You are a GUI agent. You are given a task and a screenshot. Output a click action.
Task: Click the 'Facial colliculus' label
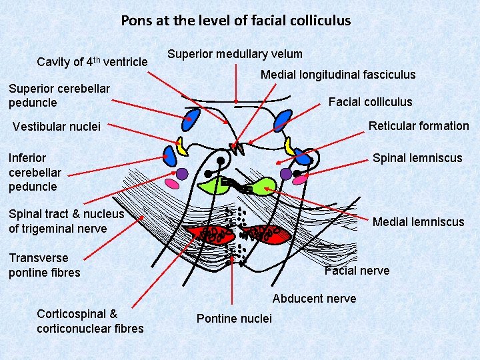(370, 102)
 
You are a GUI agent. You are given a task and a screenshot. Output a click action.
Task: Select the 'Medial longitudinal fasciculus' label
(338, 75)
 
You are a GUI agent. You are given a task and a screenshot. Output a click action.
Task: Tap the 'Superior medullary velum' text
(235, 54)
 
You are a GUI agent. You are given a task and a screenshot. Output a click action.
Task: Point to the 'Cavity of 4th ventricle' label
(92, 62)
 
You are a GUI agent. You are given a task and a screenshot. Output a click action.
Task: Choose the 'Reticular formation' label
(419, 126)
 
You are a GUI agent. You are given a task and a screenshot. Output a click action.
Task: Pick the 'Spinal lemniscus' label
(417, 158)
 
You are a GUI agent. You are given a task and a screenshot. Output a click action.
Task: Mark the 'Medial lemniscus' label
(418, 222)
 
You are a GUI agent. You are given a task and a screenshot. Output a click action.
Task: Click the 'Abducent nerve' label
(314, 298)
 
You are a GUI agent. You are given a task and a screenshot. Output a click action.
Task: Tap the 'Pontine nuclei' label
(234, 319)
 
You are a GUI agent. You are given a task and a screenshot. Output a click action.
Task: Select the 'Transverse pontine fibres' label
(44, 265)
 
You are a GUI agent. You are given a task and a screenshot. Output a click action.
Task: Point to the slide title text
(235, 20)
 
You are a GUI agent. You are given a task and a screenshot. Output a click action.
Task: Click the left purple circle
(182, 173)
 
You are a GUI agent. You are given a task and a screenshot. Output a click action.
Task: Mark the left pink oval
(171, 182)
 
